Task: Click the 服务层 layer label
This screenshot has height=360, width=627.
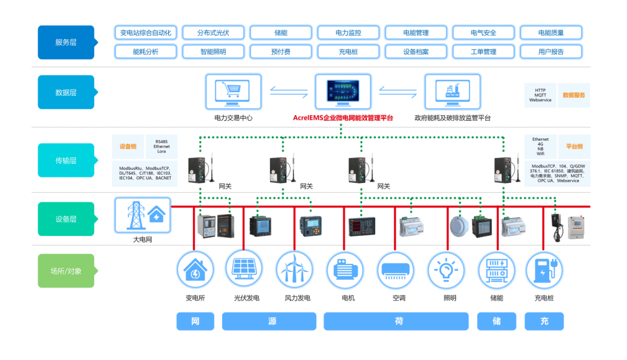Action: pyautogui.click(x=66, y=42)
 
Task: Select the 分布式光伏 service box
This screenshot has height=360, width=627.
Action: pyautogui.click(x=213, y=33)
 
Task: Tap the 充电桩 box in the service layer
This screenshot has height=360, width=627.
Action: pyautogui.click(x=348, y=52)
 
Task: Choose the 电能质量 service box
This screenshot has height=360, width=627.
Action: pyautogui.click(x=550, y=33)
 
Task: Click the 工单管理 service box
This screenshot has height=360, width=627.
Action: pyautogui.click(x=483, y=52)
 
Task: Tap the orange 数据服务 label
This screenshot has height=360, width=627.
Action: pyautogui.click(x=573, y=95)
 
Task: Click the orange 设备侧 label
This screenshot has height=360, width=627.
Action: pyautogui.click(x=128, y=147)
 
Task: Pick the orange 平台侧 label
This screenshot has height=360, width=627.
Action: pyautogui.click(x=573, y=147)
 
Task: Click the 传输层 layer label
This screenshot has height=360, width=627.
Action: pyautogui.click(x=66, y=160)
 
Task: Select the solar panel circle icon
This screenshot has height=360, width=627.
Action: pyautogui.click(x=244, y=268)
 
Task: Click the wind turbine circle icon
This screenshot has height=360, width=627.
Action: pyautogui.click(x=294, y=268)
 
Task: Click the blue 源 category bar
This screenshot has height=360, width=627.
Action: pyautogui.click(x=269, y=321)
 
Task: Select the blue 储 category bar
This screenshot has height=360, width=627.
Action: pyautogui.click(x=497, y=321)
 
